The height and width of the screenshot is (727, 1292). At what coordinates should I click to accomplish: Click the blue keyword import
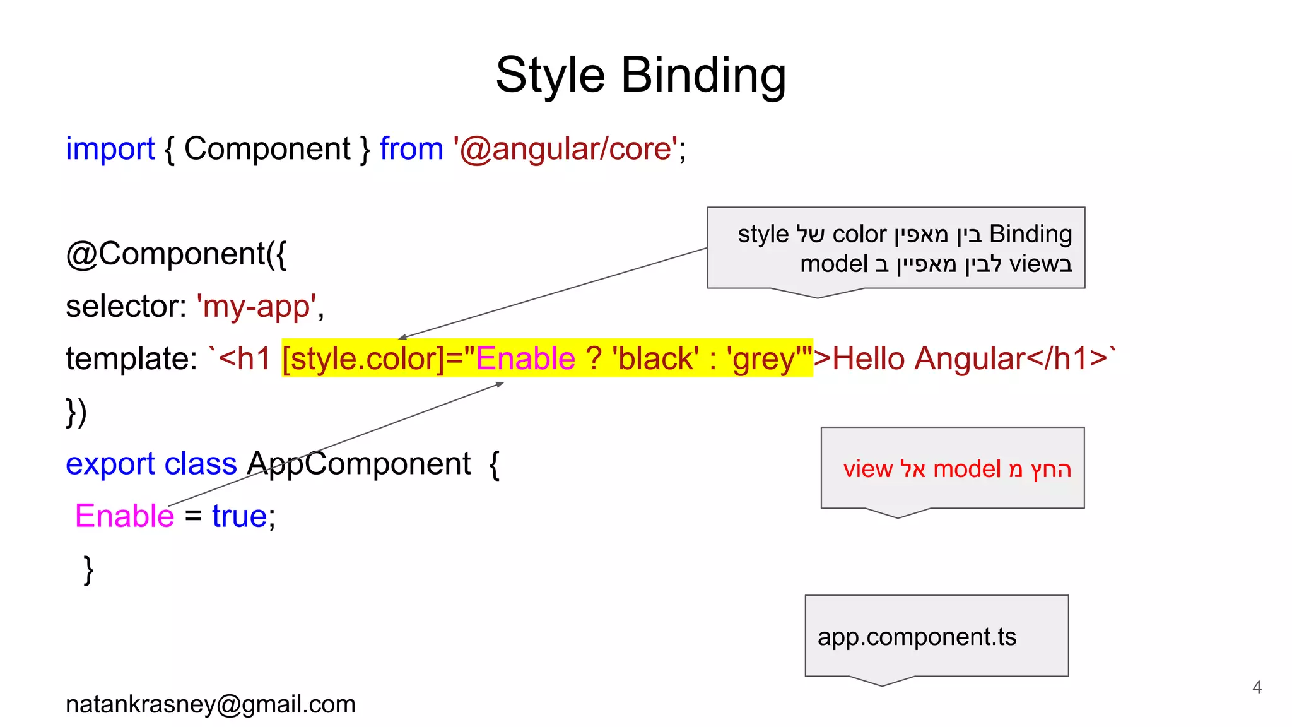pyautogui.click(x=110, y=150)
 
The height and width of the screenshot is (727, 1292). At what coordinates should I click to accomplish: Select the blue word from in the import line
pyautogui.click(x=411, y=150)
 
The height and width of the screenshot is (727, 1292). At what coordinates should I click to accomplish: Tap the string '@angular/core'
pyautogui.click(x=565, y=150)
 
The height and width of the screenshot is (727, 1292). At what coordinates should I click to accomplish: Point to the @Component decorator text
pyautogui.click(x=176, y=254)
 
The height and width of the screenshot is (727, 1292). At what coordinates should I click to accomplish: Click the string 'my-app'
pyautogui.click(x=256, y=307)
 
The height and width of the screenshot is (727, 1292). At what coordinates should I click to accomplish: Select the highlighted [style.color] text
pyautogui.click(x=363, y=359)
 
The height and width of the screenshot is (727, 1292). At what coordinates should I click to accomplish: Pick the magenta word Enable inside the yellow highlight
pyautogui.click(x=525, y=359)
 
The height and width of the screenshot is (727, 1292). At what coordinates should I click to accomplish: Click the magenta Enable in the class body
pyautogui.click(x=124, y=516)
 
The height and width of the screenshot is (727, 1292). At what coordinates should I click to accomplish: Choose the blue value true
pyautogui.click(x=240, y=516)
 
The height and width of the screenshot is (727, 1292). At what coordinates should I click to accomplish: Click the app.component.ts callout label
pyautogui.click(x=917, y=637)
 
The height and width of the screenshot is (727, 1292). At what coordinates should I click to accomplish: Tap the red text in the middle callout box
pyautogui.click(x=956, y=469)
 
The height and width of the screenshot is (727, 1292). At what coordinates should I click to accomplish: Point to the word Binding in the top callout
pyautogui.click(x=1030, y=234)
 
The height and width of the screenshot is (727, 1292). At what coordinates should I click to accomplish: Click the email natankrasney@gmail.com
pyautogui.click(x=211, y=704)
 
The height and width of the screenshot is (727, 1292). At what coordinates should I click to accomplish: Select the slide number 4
pyautogui.click(x=1257, y=687)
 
